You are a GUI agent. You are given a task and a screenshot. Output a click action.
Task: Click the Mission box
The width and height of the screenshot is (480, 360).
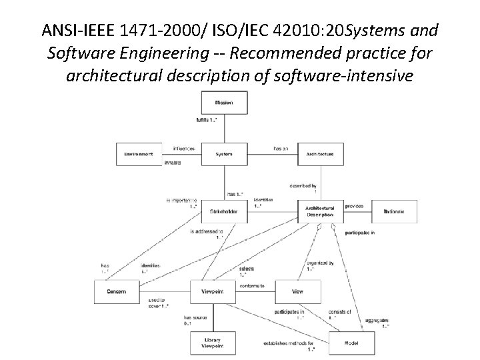coord(223,103)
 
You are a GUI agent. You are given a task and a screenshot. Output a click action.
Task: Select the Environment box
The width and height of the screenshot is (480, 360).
coord(139,154)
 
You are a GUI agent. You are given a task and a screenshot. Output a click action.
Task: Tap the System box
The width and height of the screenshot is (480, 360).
coord(223,154)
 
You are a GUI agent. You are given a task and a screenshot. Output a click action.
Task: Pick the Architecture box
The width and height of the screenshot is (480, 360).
coord(320,154)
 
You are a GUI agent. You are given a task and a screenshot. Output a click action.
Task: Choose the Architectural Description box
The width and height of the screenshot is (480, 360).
coord(320,211)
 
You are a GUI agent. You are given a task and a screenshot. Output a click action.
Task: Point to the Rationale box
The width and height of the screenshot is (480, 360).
coord(394,211)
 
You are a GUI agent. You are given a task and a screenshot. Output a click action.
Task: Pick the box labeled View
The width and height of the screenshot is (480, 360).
coord(297,291)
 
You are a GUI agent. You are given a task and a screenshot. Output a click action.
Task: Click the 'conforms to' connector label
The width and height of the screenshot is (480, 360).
coord(252,286)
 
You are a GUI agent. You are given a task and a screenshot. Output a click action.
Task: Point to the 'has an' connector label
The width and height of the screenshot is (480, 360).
coord(281,148)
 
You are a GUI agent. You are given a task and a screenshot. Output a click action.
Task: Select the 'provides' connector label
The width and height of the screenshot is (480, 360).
coord(354,206)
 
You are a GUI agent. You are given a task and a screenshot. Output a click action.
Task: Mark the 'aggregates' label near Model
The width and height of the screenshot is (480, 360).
coord(377,320)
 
